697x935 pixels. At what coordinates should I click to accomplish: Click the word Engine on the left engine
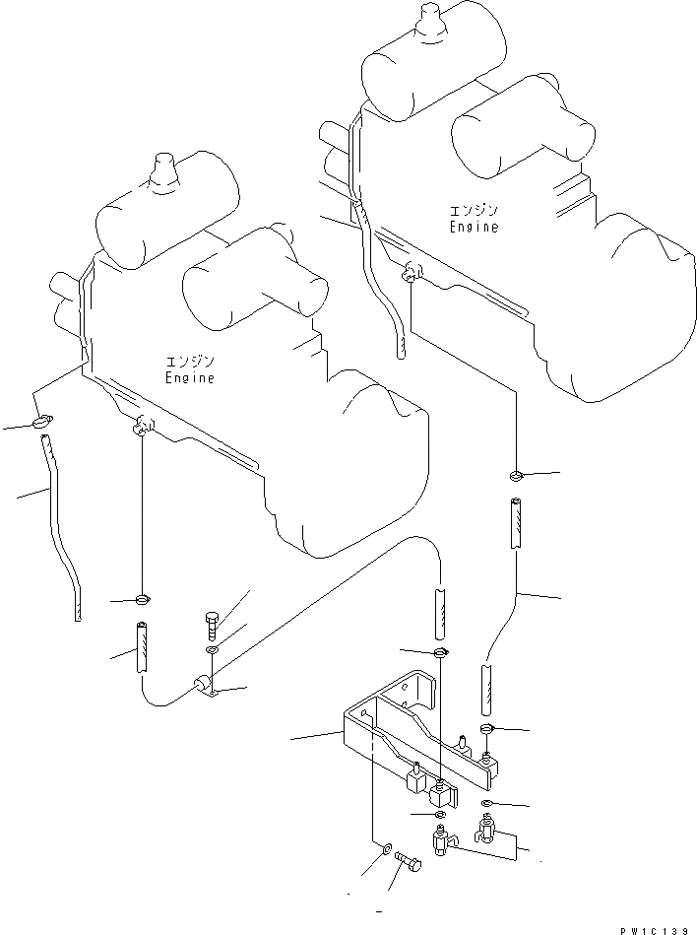coord(189,377)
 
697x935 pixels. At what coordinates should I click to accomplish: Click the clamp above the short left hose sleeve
coord(144,598)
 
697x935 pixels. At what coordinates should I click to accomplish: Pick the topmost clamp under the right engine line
coord(515,477)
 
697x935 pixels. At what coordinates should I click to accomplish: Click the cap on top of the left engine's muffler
coord(160,172)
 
